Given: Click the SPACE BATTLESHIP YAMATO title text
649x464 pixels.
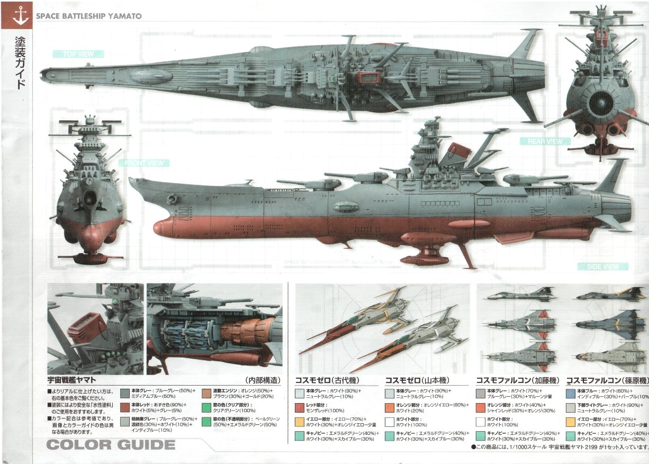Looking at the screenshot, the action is pos(88,16).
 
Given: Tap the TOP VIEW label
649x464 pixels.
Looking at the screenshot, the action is pos(78,54).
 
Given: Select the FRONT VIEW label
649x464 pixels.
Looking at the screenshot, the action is pos(144,163).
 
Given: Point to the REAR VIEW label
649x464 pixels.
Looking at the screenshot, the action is pos(545,141).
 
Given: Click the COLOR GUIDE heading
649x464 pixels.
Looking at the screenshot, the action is pos(111,444).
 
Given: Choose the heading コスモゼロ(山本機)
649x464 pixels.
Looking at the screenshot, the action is pos(417,380).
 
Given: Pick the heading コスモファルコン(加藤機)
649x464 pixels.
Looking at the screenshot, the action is pos(518,380).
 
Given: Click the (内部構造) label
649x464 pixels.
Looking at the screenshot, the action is pos(263,380).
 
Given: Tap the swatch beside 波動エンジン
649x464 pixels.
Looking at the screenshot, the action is pos(206,394).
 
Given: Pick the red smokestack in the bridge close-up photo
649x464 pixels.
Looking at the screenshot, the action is pos(86,326).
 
